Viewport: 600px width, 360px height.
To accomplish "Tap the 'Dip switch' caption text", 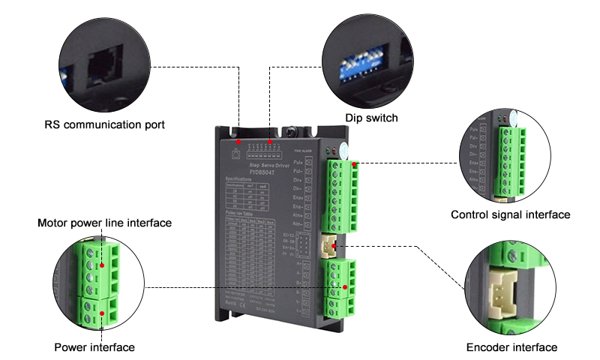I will pos(371,118).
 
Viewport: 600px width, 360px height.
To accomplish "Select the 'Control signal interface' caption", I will pos(510,215).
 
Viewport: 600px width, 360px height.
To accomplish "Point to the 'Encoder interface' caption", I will pos(512,347).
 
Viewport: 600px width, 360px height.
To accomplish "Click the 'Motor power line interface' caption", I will pos(104,223).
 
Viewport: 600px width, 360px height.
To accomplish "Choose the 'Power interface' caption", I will pos(94,347).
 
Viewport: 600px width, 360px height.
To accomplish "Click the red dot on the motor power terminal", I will pos(345,287).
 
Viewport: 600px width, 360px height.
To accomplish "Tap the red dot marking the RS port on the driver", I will pos(238,141).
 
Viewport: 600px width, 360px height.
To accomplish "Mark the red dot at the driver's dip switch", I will pos(270,141).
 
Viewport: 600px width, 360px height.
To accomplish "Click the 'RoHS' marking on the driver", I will pos(233,301).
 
